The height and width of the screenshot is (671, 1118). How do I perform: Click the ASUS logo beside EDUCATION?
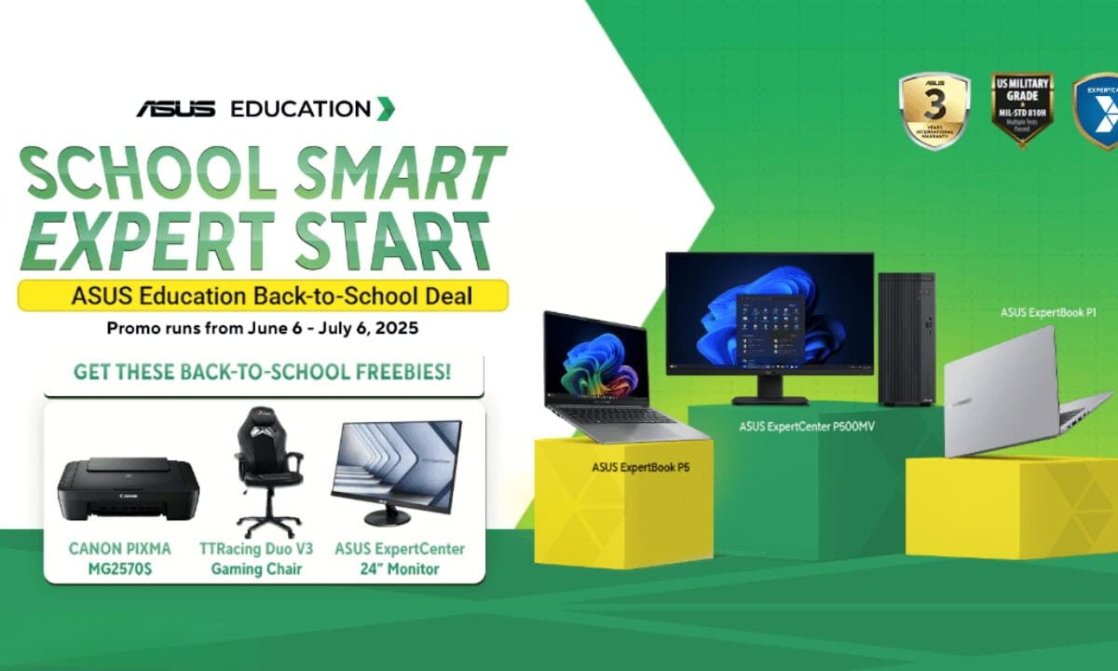point(176,109)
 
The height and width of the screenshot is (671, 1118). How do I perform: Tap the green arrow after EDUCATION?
point(385,108)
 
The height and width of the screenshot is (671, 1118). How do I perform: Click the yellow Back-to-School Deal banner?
point(263,295)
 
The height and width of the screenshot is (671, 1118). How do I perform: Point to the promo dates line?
point(263,328)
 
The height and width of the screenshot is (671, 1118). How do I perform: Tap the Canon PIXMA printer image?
point(128,490)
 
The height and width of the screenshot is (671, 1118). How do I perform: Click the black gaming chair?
point(267,472)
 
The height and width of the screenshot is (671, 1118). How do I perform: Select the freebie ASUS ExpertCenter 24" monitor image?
point(395,472)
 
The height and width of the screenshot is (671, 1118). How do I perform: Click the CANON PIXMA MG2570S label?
point(119,558)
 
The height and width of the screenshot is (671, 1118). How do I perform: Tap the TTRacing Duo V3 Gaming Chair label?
point(256,558)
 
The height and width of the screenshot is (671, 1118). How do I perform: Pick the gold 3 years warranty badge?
point(934,111)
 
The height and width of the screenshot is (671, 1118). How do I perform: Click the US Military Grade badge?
point(1021,109)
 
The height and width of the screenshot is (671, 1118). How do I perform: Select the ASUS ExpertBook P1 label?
point(1046,313)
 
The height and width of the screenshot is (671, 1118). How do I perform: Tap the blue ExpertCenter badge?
point(1098,111)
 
